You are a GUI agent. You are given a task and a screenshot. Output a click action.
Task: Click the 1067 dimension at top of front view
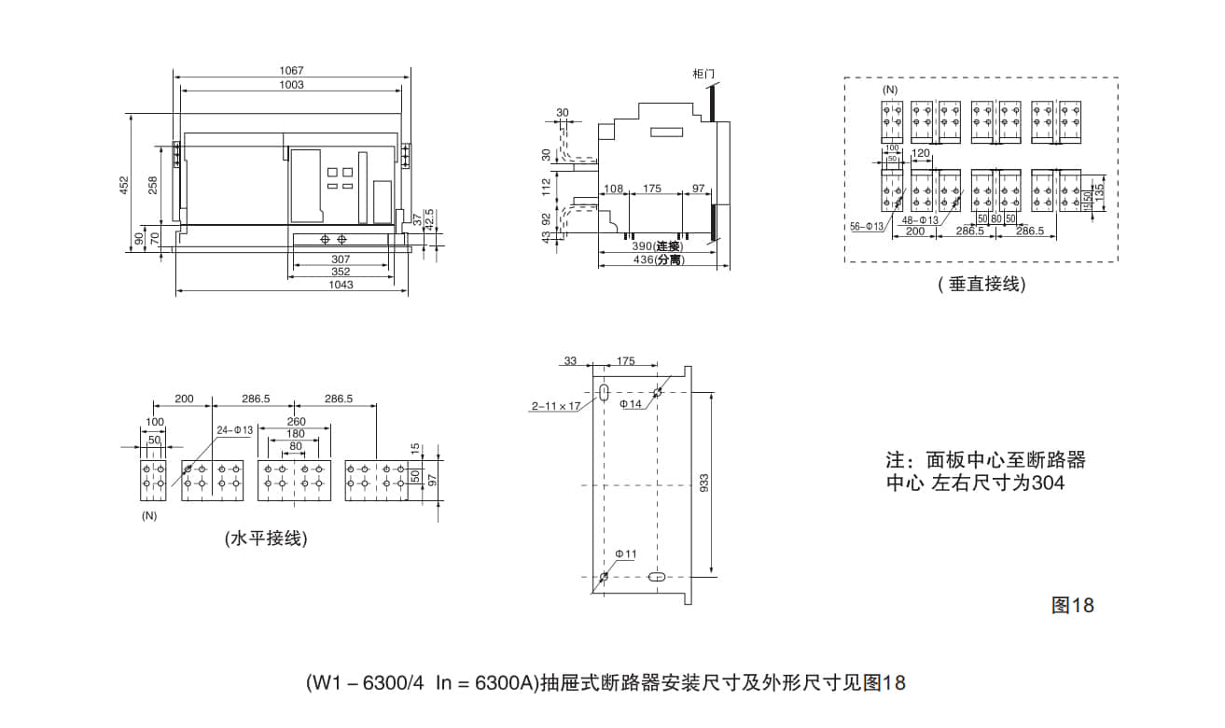291,71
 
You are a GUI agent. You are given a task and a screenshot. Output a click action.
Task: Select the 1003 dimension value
291,85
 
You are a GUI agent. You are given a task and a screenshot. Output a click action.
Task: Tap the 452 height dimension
124,186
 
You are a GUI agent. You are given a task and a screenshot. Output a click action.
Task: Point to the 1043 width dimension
341,285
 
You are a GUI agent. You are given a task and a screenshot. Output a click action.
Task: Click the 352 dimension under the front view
341,272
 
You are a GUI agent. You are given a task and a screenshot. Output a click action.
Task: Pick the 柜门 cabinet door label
705,73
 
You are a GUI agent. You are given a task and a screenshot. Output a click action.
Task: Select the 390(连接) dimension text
658,246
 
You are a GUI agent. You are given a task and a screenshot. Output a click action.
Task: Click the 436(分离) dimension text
658,260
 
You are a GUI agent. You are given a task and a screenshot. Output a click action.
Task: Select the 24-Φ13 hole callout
234,430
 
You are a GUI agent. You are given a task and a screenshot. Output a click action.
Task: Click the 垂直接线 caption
981,285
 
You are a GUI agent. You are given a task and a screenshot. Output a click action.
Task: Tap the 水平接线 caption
266,539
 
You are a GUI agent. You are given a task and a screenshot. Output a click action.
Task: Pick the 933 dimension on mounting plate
705,483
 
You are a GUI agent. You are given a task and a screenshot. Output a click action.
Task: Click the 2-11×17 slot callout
556,406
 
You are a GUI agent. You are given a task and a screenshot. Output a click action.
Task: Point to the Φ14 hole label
633,404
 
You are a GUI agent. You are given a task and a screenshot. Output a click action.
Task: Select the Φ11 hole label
626,553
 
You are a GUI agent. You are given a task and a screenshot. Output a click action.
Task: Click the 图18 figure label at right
1072,605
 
